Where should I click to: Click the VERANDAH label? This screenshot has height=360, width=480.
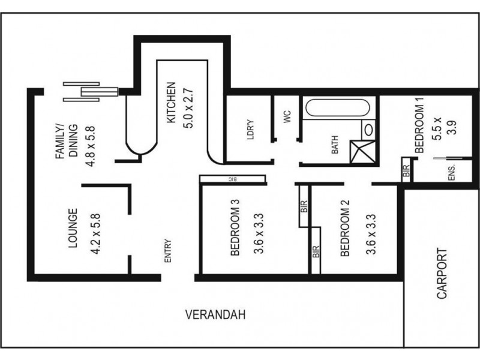(216, 314)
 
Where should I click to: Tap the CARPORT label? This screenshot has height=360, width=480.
(442, 274)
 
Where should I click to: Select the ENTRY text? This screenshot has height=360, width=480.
(168, 251)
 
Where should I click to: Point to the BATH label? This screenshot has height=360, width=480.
(335, 146)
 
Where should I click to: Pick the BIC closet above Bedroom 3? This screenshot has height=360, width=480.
(232, 179)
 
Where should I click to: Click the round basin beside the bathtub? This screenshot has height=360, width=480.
(368, 129)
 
